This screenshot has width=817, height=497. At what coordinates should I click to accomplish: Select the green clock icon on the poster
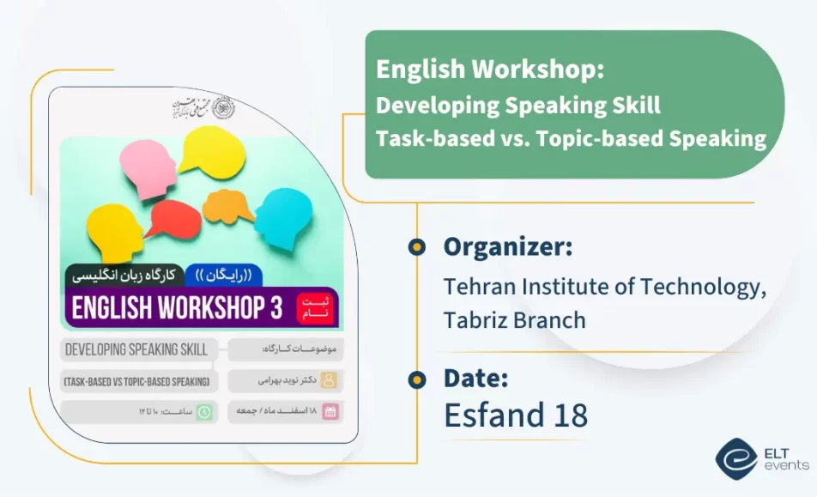(205, 412)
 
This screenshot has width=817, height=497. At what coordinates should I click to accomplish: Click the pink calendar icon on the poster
(330, 412)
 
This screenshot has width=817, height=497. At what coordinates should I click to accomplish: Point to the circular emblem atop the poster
(224, 107)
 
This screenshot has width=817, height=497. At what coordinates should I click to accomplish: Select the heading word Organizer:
(508, 247)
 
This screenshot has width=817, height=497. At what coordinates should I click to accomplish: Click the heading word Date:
(476, 378)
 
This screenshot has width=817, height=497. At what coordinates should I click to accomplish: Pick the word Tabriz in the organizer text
(478, 320)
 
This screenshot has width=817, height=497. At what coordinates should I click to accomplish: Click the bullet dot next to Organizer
(417, 247)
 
